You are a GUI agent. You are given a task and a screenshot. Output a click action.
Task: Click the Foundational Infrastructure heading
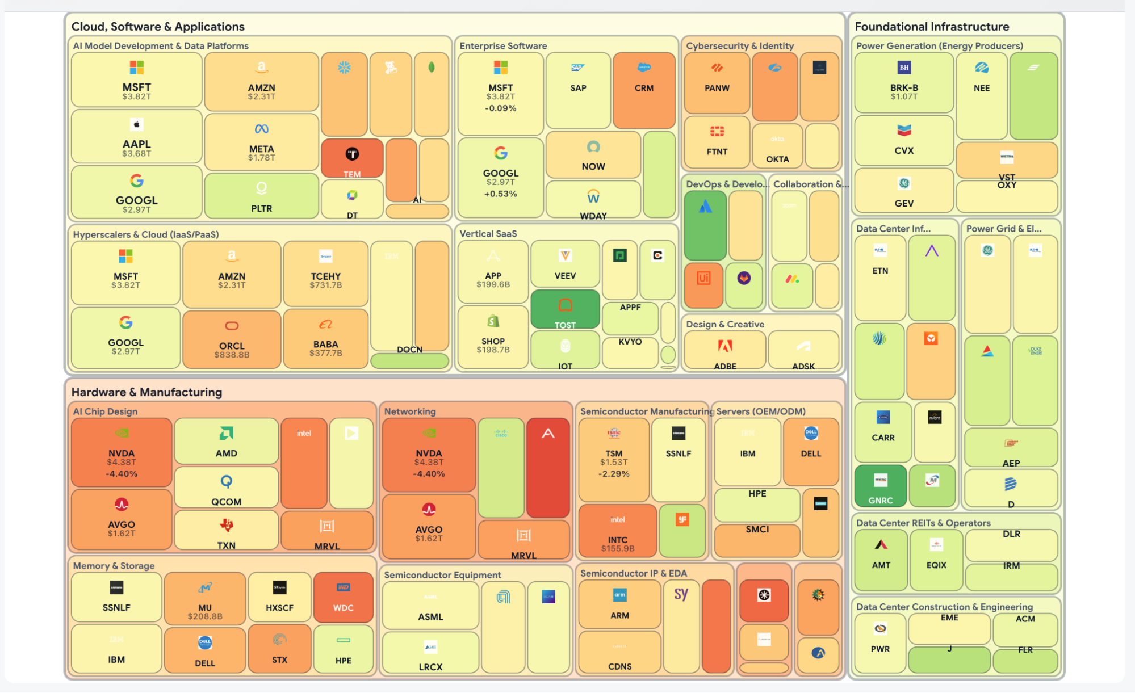tap(932, 27)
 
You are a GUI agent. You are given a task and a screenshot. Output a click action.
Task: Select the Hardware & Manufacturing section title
tap(146, 392)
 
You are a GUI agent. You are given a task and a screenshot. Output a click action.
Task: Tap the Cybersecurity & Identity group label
tap(739, 46)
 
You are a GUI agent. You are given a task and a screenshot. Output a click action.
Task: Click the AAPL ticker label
tap(137, 144)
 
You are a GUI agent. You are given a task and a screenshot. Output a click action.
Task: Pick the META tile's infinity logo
tap(261, 129)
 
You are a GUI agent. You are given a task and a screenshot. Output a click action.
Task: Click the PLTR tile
tap(261, 196)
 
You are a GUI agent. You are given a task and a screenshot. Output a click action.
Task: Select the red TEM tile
tap(352, 158)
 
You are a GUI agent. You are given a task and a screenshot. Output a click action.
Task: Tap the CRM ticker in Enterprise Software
tap(644, 88)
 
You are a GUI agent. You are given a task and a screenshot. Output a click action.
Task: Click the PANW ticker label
tap(717, 88)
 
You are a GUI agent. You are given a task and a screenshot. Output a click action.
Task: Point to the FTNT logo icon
tap(717, 132)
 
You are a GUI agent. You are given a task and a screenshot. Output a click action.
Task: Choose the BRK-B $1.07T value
tap(904, 97)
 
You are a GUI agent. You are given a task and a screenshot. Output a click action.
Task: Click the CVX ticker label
tap(904, 150)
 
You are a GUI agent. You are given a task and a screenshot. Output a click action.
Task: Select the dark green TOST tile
tap(565, 309)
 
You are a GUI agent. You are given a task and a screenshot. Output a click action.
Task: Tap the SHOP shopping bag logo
tap(493, 321)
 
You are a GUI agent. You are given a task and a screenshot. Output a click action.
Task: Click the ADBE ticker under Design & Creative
tap(725, 366)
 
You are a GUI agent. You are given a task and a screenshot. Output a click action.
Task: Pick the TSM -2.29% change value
tap(614, 474)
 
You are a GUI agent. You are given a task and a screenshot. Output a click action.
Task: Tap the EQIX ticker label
tap(936, 565)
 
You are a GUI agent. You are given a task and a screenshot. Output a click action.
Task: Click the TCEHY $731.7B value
tap(326, 285)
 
